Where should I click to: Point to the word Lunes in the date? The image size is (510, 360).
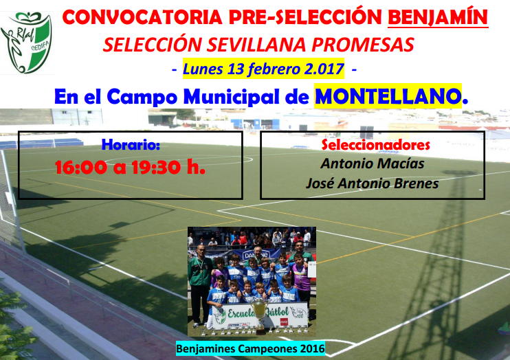click(204, 69)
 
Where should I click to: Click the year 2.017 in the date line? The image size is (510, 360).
click(324, 69)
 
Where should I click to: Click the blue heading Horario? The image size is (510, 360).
click(131, 145)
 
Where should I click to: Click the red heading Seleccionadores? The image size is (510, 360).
click(376, 145)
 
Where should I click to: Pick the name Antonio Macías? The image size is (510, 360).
click(372, 164)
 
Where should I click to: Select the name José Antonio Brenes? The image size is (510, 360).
click(372, 183)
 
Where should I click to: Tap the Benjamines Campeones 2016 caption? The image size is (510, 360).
click(250, 348)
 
